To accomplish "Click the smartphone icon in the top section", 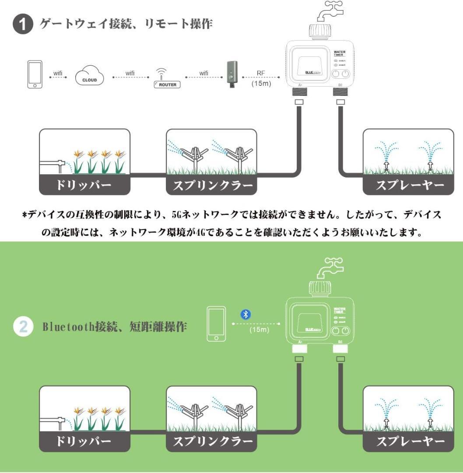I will pos(35,74).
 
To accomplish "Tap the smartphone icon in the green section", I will pos(217,324).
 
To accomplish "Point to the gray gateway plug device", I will pos(231,74).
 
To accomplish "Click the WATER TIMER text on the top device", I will pos(340,54).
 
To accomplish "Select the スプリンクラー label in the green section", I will pos(211,442).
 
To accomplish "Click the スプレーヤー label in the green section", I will pos(408,442).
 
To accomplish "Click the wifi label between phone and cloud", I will pos(58,73).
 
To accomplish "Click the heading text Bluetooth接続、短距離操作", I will pos(115,327).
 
